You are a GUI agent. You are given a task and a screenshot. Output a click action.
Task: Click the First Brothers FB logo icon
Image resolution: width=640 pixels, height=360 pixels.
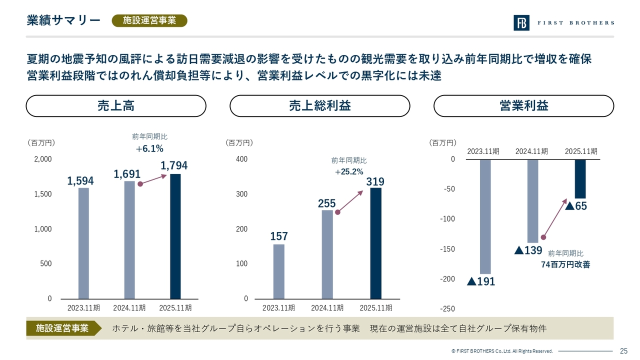click(521, 23)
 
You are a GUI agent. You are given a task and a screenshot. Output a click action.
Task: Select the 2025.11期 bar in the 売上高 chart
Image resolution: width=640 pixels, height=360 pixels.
click(175, 236)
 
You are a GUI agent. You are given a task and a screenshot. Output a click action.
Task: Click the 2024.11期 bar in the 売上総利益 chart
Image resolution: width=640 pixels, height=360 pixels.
click(327, 254)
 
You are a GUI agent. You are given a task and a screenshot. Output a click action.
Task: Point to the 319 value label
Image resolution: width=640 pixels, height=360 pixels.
click(375, 181)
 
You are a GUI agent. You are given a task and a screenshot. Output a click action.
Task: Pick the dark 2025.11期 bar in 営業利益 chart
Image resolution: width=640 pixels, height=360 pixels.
click(580, 179)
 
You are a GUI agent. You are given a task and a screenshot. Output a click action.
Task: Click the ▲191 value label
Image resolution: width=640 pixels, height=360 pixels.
click(481, 281)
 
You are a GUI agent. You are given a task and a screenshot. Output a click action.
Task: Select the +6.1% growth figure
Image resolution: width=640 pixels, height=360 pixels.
click(149, 148)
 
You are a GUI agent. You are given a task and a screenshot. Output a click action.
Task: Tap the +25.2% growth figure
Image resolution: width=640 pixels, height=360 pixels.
click(349, 172)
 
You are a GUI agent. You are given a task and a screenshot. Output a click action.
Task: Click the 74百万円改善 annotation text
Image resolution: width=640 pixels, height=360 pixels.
click(565, 264)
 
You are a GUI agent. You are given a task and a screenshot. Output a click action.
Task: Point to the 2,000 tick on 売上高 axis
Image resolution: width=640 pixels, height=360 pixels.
click(42, 159)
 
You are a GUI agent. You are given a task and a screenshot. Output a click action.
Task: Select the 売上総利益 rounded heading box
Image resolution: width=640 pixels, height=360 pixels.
click(319, 106)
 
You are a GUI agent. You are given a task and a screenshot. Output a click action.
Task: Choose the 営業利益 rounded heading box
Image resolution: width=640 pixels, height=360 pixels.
click(523, 106)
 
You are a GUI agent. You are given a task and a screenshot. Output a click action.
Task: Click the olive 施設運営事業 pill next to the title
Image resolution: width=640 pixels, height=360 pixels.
click(149, 20)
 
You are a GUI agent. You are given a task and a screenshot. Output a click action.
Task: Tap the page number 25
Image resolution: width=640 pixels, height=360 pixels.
click(623, 350)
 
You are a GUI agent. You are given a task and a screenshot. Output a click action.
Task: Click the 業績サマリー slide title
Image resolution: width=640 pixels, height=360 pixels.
click(63, 20)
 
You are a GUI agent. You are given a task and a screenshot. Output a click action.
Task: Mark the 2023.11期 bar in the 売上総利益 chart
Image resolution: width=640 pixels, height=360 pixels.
click(279, 271)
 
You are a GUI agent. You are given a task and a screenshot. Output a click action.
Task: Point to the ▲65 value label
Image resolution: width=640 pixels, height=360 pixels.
click(576, 206)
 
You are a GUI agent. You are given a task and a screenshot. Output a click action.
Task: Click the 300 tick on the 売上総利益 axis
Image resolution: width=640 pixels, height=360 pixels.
click(241, 194)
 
